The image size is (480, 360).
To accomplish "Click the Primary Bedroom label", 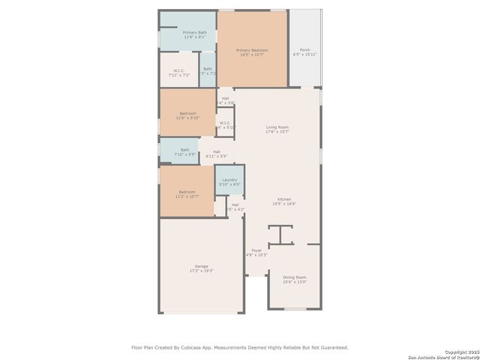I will (252, 50).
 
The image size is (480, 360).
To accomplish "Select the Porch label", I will (304, 50).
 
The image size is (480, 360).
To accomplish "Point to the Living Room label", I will (277, 127).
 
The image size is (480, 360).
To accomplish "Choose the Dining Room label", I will (294, 277).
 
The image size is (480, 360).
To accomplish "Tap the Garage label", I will (201, 266).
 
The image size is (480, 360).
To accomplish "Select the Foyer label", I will (256, 250).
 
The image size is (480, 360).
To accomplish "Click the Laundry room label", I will (229, 180).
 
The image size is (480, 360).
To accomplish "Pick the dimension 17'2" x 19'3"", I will (201, 271).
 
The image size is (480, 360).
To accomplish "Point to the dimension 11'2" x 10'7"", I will (187, 196).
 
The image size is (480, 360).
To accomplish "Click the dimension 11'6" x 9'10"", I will (187, 118).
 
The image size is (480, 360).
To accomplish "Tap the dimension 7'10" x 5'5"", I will (184, 154).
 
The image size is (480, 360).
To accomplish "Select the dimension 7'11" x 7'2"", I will (178, 75).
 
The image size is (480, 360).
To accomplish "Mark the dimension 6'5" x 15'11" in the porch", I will (304, 55).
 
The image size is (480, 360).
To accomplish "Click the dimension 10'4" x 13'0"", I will (294, 282).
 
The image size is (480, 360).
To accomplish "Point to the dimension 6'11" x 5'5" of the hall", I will (216, 156).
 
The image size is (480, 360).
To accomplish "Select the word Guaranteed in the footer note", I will (331, 347).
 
